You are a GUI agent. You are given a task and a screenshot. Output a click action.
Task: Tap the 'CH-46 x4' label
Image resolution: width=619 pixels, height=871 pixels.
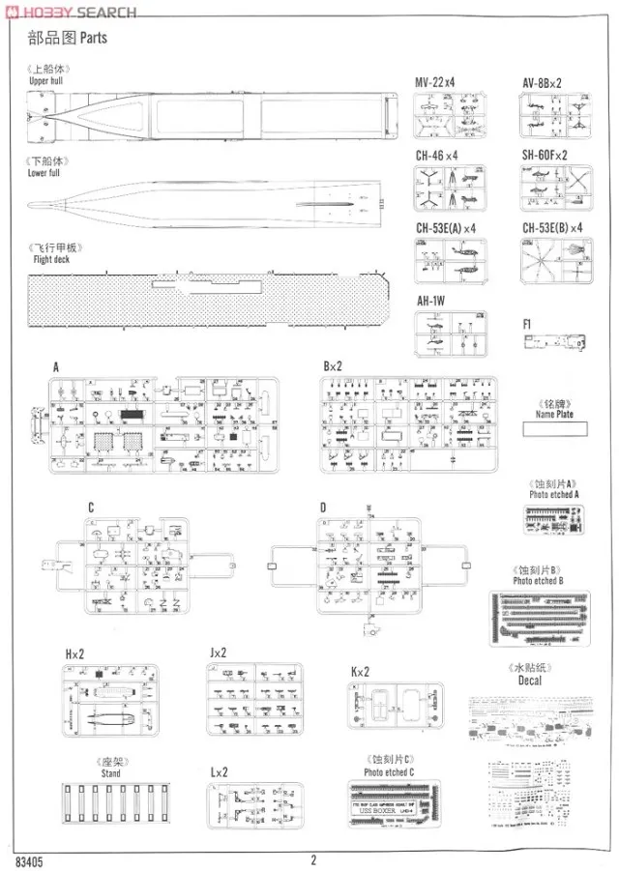pos(436,155)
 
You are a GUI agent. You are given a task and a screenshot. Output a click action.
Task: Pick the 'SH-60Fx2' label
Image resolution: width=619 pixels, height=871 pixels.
pos(545,155)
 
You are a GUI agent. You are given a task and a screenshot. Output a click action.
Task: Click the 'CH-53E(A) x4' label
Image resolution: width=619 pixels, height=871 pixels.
pos(446,228)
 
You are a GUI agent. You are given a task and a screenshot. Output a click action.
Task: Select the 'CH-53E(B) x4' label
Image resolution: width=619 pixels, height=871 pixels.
pos(552,228)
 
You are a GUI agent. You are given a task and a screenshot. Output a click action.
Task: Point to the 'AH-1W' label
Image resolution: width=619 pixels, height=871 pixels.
pos(430,301)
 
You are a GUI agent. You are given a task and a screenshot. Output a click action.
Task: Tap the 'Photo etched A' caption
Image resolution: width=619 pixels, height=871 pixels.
pos(553,494)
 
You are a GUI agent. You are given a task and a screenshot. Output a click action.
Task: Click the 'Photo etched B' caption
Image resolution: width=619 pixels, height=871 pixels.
pos(538,580)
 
